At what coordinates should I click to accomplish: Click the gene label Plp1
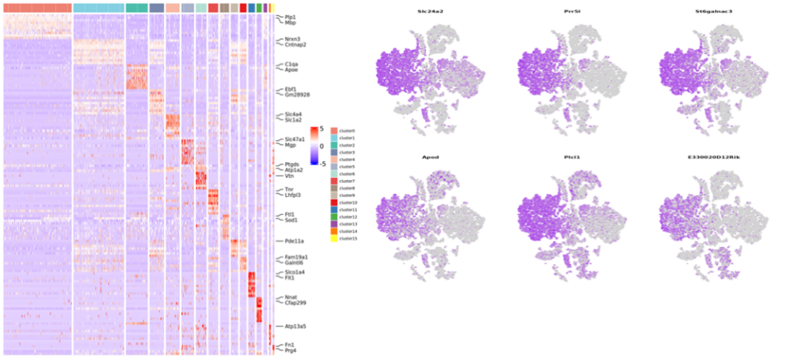(x=290, y=16)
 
